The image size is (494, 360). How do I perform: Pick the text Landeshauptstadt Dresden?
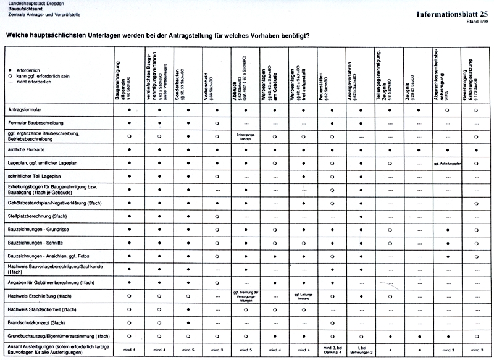(x=30, y=4)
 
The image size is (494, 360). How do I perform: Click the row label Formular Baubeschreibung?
(x=34, y=123)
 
